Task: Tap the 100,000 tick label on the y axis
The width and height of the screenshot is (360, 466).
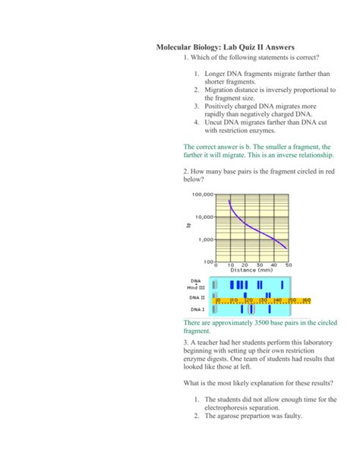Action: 201,195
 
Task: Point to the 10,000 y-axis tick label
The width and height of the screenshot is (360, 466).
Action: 203,217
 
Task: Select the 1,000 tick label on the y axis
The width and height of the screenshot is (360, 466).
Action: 205,239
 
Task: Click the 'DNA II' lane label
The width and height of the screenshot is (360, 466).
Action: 197,298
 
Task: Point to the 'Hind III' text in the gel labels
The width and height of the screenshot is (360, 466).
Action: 196,287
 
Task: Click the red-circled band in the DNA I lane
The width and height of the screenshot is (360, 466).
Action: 252,309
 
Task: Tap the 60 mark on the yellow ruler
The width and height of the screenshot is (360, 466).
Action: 307,300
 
